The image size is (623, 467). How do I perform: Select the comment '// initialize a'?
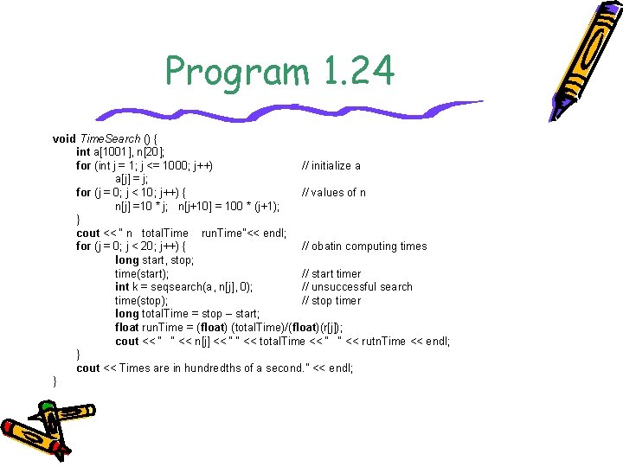(331, 165)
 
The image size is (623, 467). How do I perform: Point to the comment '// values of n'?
(333, 192)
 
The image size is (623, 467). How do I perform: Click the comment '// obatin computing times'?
(363, 246)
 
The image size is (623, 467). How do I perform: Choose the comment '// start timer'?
(331, 273)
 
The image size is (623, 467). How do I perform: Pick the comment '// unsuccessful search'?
(356, 286)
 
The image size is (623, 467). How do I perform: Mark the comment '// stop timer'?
(331, 300)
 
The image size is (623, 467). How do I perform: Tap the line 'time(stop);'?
(140, 300)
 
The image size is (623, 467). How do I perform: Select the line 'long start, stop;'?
(154, 259)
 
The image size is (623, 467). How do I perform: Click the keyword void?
(64, 138)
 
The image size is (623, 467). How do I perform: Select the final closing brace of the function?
(55, 381)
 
